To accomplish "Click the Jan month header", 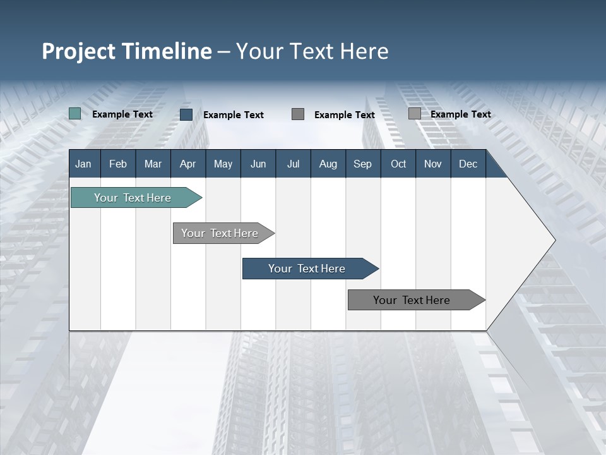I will click(83, 164).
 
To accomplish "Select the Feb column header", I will click(118, 164).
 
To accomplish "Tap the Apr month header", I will click(187, 164).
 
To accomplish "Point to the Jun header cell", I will click(258, 164).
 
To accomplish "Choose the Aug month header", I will click(328, 164).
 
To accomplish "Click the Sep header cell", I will click(362, 164).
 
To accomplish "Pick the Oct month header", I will click(398, 164).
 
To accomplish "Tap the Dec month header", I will click(468, 164).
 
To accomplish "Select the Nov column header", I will click(433, 164).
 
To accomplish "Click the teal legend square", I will click(75, 114).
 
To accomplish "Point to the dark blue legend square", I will click(186, 114).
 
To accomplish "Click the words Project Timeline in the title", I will click(126, 51).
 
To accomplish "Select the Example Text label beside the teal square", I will click(122, 114).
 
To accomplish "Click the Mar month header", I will click(153, 164).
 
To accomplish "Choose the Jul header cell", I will click(293, 164).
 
